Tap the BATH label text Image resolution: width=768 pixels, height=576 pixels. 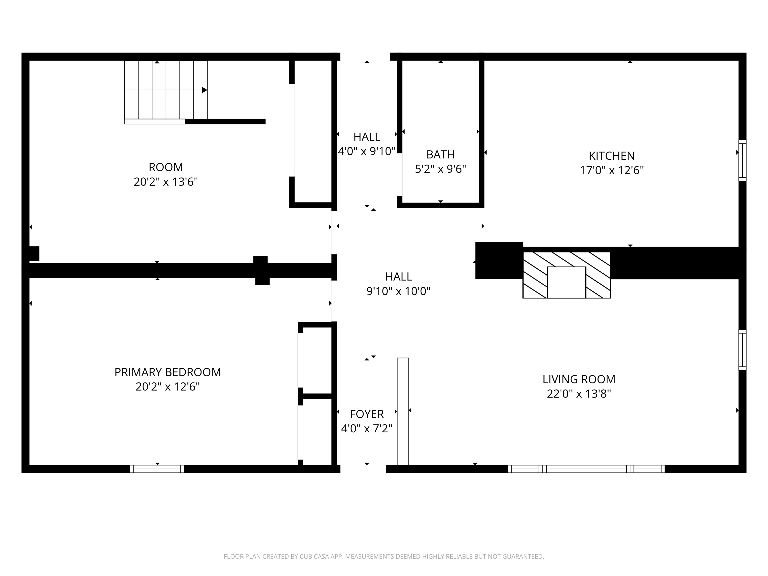440,154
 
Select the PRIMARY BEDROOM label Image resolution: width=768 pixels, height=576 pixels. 167,372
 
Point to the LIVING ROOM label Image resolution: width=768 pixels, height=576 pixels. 579,379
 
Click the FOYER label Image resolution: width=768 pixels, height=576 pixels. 367,414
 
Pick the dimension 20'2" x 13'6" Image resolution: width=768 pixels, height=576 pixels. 166,182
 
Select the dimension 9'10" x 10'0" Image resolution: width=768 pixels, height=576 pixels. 398,291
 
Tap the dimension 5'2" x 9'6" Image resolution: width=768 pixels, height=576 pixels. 440,169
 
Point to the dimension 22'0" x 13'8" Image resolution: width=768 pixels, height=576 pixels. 579,394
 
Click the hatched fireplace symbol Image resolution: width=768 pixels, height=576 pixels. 567,275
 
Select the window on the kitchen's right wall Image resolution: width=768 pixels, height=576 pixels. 742,161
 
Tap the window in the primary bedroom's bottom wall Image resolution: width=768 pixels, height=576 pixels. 157,469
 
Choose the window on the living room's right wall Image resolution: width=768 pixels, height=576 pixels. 742,350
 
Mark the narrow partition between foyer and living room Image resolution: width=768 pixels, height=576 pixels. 403,411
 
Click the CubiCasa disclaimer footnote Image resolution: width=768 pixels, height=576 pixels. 384,557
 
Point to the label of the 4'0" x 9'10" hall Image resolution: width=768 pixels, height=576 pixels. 367,137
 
